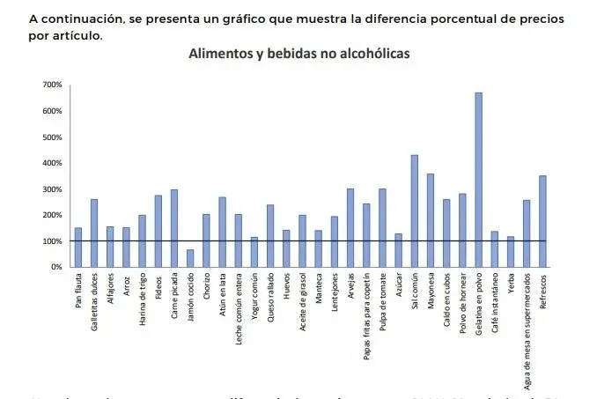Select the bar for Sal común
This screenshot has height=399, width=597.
click(x=414, y=211)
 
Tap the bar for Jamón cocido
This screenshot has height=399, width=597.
click(x=190, y=258)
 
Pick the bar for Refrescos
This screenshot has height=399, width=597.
click(x=542, y=221)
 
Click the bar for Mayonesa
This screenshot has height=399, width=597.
click(x=431, y=220)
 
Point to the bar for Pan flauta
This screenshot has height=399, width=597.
click(x=77, y=248)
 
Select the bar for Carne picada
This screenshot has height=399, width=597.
click(x=174, y=228)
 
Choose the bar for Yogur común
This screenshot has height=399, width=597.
click(x=254, y=252)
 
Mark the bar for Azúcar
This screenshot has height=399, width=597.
click(x=398, y=250)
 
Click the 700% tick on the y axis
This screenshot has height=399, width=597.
click(x=50, y=85)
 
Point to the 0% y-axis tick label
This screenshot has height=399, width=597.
click(x=55, y=267)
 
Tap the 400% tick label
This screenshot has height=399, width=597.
click(x=50, y=163)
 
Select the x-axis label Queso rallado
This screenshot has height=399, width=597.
click(x=270, y=299)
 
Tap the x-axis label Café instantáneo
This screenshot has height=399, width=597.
click(x=495, y=304)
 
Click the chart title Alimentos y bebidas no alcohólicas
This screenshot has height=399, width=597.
click(x=299, y=54)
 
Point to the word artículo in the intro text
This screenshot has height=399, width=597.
click(x=77, y=36)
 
